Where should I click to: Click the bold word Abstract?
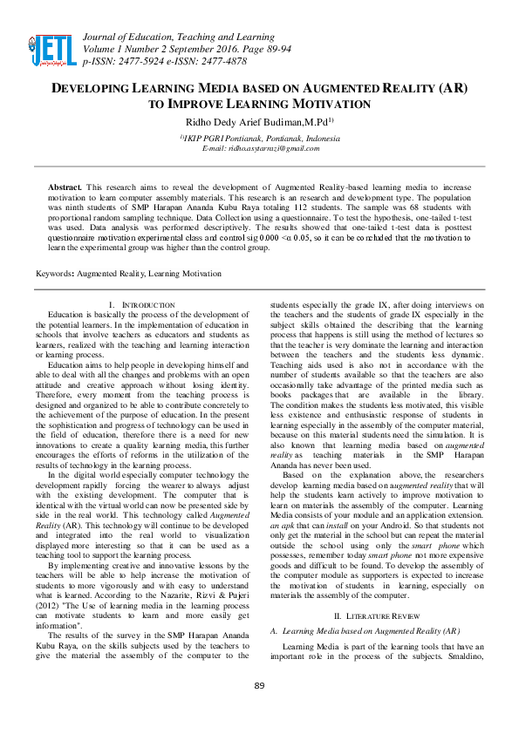[x=65, y=187]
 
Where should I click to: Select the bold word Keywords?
[x=53, y=273]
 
